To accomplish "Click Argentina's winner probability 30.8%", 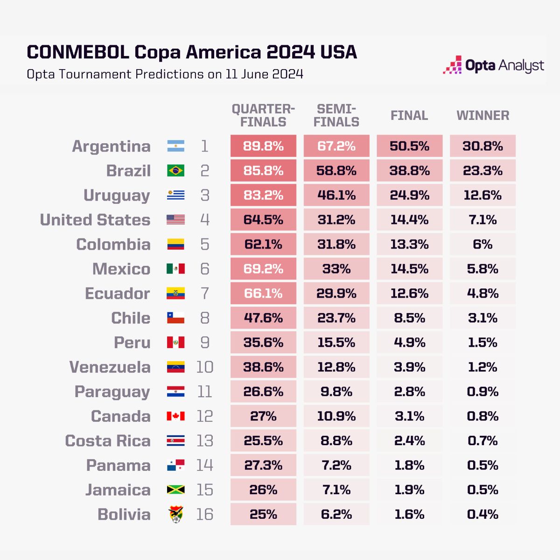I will click(x=483, y=146).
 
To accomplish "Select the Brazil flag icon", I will click(x=176, y=171).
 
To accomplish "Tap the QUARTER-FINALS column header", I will click(x=263, y=116).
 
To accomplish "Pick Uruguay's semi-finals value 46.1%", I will click(x=336, y=195).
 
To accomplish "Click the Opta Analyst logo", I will click(x=493, y=66).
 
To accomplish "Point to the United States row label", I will click(x=95, y=220).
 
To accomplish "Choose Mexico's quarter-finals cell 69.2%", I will click(x=263, y=269).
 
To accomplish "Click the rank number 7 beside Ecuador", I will click(x=205, y=294).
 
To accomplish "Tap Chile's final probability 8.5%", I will click(x=409, y=318).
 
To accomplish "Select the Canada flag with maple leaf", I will click(x=176, y=416).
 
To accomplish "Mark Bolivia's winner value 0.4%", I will click(x=483, y=514).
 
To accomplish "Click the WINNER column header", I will click(x=483, y=116).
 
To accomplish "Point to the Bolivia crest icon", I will click(x=176, y=514).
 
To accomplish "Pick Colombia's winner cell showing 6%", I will click(x=483, y=245).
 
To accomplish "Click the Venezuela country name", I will click(x=110, y=367).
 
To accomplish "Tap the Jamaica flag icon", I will click(x=176, y=490).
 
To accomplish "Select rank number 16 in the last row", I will click(x=205, y=514).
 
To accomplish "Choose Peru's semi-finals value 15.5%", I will click(x=336, y=343).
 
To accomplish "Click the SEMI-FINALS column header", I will click(x=336, y=116).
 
